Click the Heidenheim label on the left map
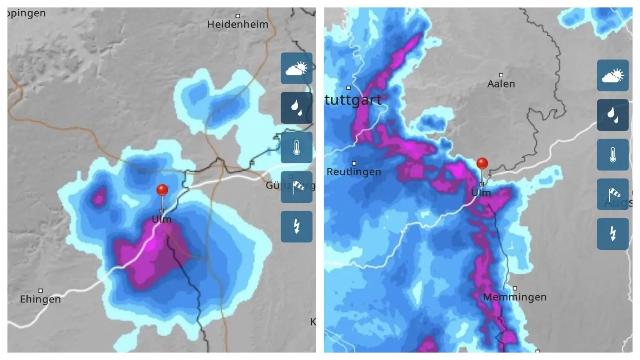pos(238,24)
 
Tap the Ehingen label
pos(40,299)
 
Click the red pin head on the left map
pos(162,190)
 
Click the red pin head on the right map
pos(482,163)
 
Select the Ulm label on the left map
pos(162,220)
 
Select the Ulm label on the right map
pos(481,193)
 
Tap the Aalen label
pos(501,84)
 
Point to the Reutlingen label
pos(353,172)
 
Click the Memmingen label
pos(514,297)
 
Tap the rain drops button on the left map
pos(296,107)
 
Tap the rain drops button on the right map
pos(613,115)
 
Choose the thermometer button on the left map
pos(296,147)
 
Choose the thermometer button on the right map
pos(613,154)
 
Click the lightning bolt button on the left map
pos(296,227)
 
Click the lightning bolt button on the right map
pos(613,234)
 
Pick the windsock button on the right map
pos(613,194)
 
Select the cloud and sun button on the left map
pos(296,68)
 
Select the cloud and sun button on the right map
pos(613,75)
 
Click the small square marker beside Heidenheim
pos(238,16)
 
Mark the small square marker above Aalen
pos(501,75)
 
